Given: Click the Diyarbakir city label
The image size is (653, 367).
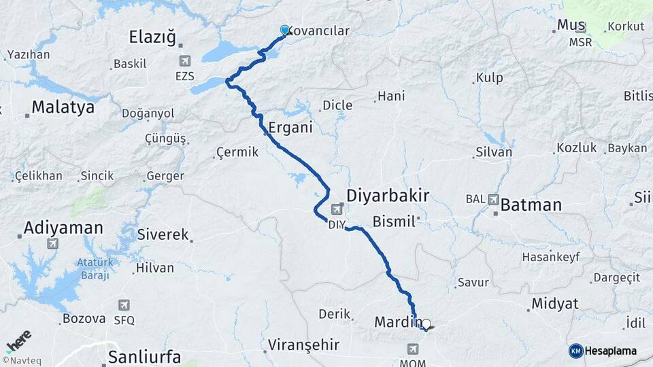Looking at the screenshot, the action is click(x=388, y=196).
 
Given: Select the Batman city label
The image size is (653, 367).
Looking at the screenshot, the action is click(x=531, y=205).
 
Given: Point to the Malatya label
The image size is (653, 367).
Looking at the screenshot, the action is click(x=63, y=107).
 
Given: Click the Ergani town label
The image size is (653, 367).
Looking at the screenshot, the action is click(x=290, y=128).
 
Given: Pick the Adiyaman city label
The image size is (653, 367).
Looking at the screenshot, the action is click(x=63, y=228).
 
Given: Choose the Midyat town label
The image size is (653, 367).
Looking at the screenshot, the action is click(x=554, y=303).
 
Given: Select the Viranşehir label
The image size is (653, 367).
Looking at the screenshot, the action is click(x=303, y=345).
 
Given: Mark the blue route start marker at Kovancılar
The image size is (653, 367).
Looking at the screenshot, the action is click(x=285, y=31).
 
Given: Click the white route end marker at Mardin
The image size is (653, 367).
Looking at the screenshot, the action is click(x=426, y=324).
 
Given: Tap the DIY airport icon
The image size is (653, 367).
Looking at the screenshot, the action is click(x=337, y=209).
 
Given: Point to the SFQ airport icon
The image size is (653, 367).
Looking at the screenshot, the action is click(x=124, y=305).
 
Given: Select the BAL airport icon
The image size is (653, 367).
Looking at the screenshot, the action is click(x=492, y=199).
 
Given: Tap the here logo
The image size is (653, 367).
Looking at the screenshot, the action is click(x=18, y=340).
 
